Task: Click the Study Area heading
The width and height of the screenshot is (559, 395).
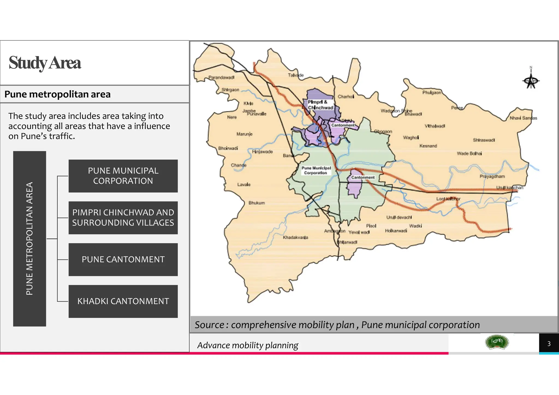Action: tap(45, 63)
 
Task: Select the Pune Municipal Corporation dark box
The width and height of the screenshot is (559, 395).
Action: tap(123, 176)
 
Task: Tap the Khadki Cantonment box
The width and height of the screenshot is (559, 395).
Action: tap(123, 301)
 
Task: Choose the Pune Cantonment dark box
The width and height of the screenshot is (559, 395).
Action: tap(123, 259)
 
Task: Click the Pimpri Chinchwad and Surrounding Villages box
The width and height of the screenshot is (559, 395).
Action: tap(123, 218)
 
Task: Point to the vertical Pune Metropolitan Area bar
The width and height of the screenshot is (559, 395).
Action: tap(29, 239)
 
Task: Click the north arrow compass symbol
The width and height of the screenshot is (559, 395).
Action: tap(531, 80)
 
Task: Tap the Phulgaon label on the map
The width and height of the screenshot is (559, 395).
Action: tap(432, 93)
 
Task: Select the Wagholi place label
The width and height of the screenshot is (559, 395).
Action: tap(411, 137)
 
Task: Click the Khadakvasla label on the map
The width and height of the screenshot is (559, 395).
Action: tap(295, 237)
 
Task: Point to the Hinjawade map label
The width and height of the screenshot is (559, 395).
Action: tap(262, 152)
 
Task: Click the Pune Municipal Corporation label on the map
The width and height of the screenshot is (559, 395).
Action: tap(316, 170)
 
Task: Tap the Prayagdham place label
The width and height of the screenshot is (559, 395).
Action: tap(492, 176)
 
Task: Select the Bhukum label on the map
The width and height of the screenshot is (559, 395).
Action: tap(257, 203)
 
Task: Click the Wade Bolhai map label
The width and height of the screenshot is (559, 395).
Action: tap(469, 154)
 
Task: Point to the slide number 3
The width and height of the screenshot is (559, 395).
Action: tap(549, 344)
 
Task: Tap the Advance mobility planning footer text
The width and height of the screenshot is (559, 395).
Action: tap(248, 345)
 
